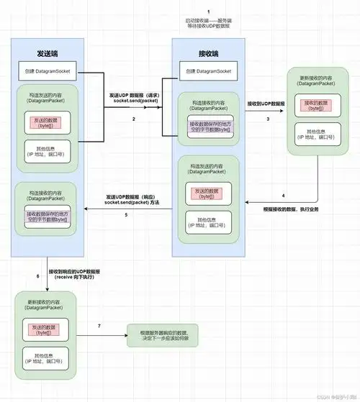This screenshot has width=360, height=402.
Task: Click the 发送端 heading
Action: click(48, 53)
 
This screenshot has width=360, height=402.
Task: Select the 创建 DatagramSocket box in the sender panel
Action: click(48, 72)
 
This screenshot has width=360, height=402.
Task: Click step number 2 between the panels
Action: click(133, 117)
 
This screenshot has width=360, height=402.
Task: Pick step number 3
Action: click(267, 117)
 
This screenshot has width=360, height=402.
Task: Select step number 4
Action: click(283, 196)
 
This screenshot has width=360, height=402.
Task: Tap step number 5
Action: click(126, 214)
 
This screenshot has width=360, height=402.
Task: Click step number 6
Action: click(37, 276)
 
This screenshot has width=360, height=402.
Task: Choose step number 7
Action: click(99, 327)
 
